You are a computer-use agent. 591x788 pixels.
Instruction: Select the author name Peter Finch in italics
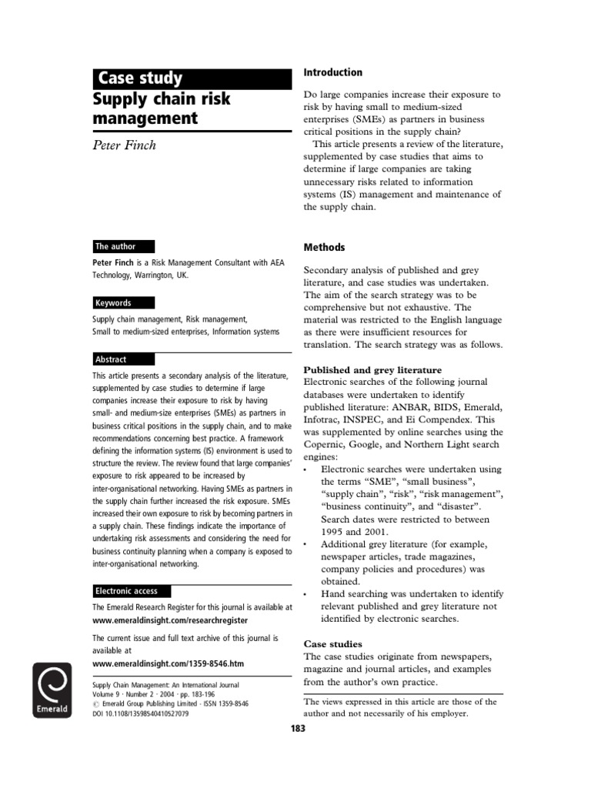pyautogui.click(x=124, y=145)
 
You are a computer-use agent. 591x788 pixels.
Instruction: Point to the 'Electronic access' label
pyautogui.click(x=127, y=591)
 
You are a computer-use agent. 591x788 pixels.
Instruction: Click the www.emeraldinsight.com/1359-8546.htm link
pyautogui.click(x=168, y=663)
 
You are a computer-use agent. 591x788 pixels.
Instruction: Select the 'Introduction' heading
pyautogui.click(x=332, y=72)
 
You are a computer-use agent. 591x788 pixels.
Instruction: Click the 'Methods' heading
pyautogui.click(x=324, y=248)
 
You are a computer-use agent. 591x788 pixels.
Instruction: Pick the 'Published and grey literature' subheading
pyautogui.click(x=372, y=370)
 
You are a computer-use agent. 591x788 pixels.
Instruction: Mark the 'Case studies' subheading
pyautogui.click(x=332, y=643)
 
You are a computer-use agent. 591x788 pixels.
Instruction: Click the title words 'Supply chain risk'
pyautogui.click(x=162, y=100)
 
